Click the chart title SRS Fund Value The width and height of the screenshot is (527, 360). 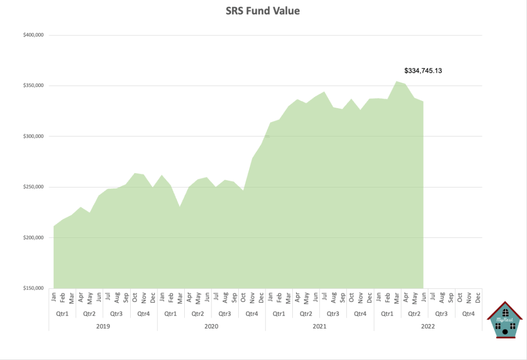pos(263,11)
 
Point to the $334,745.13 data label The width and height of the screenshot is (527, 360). pos(424,71)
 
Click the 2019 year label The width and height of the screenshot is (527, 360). pos(103,326)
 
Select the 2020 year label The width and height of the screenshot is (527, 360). pos(212,326)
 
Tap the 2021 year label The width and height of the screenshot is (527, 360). pos(320,326)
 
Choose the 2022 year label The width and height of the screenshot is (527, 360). pos(428,326)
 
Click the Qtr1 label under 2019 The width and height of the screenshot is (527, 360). pos(62,313)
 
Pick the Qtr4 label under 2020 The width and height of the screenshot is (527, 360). pos(252,313)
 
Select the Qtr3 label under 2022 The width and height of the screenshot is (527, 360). pos(441,313)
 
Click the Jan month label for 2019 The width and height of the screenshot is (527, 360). pos(54,297)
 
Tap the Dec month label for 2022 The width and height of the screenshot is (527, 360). pos(478,297)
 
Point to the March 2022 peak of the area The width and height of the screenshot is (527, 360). pos(396,81)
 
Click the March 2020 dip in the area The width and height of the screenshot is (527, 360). pos(180,207)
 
